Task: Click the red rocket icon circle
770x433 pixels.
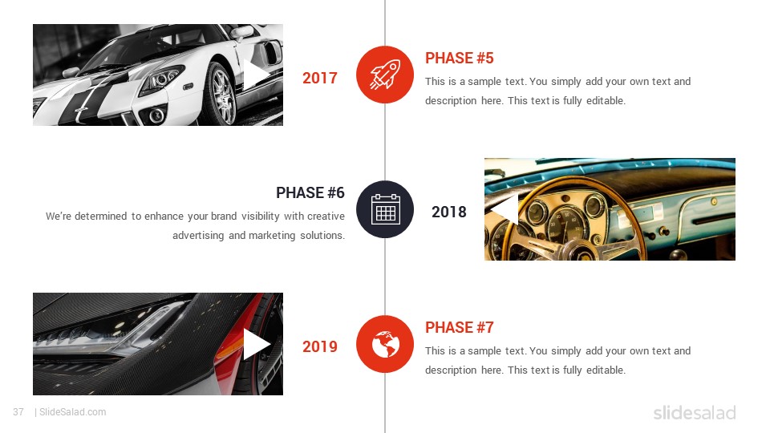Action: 384,75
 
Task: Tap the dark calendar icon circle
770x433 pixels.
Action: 384,209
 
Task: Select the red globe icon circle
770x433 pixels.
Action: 384,344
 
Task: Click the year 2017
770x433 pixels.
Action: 320,78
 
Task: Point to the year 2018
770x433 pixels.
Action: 449,212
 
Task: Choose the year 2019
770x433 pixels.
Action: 320,346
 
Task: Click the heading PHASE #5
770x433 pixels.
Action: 459,58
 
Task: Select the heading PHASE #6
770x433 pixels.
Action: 310,193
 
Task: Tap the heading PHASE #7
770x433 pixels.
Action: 459,327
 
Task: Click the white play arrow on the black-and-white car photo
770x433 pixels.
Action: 254,75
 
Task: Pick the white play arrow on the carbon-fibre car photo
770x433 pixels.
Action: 254,344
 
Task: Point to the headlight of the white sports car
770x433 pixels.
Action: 162,79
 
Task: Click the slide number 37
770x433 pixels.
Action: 18,412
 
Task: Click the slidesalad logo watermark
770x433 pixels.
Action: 695,412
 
